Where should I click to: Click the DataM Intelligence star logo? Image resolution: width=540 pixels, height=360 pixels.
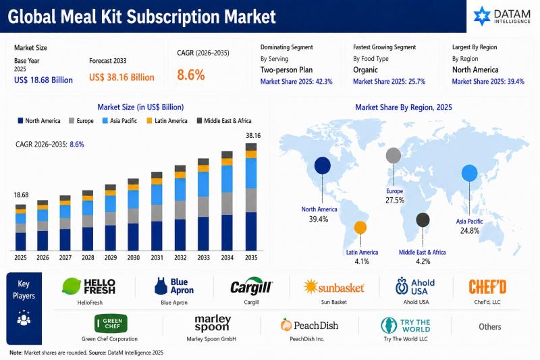(x=482, y=16)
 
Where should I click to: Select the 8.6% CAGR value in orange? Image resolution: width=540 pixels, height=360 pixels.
(x=191, y=75)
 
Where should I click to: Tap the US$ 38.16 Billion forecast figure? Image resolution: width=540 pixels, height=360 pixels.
(x=122, y=77)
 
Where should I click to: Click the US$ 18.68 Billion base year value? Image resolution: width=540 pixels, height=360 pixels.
(x=43, y=80)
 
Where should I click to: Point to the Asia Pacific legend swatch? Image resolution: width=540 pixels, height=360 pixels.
(x=105, y=121)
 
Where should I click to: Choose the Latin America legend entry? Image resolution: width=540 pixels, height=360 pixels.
(x=167, y=121)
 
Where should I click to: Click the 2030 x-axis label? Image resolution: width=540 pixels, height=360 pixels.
(x=133, y=258)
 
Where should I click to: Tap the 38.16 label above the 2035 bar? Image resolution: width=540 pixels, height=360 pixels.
(x=253, y=136)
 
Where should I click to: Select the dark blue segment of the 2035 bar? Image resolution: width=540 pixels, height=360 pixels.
(x=251, y=231)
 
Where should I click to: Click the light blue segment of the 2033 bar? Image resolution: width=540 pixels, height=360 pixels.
(x=204, y=184)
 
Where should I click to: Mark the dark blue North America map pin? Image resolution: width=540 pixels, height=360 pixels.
(x=323, y=165)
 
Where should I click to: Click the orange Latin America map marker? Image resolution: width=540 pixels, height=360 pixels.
(x=360, y=228)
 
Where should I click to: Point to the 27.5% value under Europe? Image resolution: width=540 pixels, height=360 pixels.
(x=395, y=200)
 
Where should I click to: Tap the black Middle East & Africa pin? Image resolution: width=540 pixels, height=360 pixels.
(x=423, y=220)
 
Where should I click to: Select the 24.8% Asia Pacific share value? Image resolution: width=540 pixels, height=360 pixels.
(x=470, y=230)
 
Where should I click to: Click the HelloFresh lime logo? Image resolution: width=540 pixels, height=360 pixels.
(x=72, y=286)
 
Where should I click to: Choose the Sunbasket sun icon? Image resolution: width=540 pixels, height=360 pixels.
(x=310, y=286)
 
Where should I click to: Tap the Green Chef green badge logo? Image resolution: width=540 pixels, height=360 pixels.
(x=111, y=324)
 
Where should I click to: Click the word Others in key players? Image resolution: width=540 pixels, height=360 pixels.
(x=490, y=327)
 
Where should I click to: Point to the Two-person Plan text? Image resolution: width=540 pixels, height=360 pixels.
(x=286, y=70)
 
